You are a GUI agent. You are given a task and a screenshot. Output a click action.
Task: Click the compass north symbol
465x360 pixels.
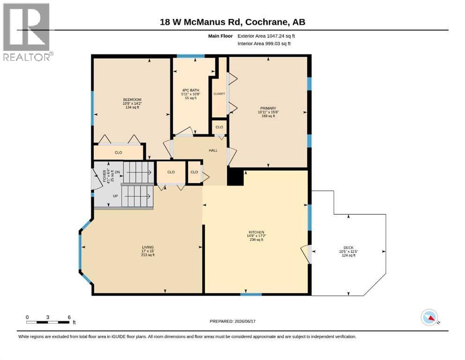click(430, 317)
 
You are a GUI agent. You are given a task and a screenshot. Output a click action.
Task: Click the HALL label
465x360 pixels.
click(213, 150)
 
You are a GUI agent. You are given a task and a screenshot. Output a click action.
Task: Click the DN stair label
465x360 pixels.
click(118, 172)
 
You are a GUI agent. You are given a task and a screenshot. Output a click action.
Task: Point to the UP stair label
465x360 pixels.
click(115, 196)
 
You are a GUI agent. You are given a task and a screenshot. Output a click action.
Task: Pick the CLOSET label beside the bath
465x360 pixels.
click(219, 94)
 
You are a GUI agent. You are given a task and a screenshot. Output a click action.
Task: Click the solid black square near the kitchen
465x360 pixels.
click(236, 177)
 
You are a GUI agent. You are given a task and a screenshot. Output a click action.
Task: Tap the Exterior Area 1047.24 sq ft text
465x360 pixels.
click(266, 36)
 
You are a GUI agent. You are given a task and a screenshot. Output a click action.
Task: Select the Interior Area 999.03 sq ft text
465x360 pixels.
click(264, 44)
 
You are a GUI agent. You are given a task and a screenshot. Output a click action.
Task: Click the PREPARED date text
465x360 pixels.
click(232, 321)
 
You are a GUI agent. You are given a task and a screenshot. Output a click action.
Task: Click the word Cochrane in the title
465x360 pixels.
click(266, 22)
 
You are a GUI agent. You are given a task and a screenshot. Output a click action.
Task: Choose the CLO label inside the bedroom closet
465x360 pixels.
click(118, 152)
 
